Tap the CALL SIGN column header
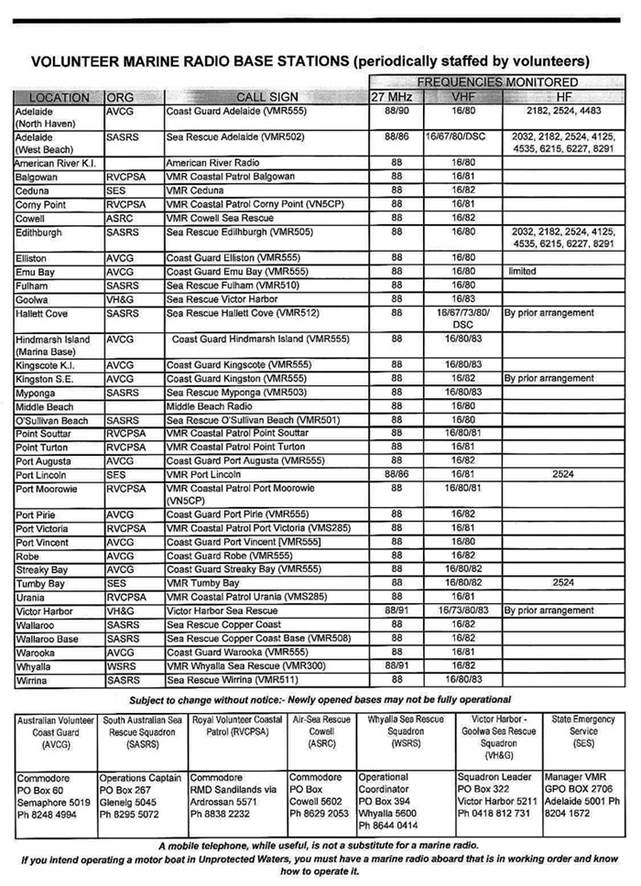267,97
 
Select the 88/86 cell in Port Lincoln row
397,475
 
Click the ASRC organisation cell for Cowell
121,219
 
